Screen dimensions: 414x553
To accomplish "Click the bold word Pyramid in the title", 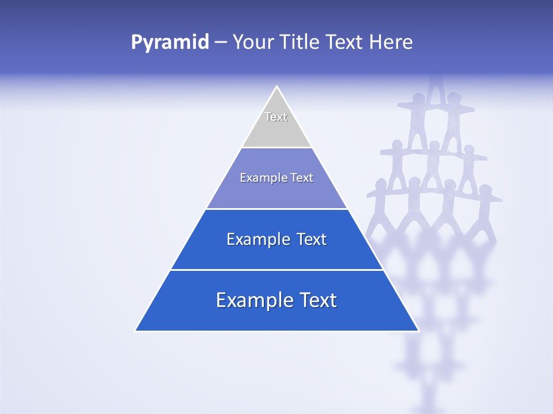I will tap(170, 42).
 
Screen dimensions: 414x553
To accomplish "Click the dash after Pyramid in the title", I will tap(220, 43).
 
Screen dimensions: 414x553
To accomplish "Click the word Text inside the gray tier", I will tap(276, 117).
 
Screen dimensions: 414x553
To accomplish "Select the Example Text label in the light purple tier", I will tap(276, 178).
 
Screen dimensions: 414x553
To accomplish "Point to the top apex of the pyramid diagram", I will tap(276, 87).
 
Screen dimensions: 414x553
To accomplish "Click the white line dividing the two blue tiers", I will tap(276, 270).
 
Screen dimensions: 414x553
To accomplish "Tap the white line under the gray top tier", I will tap(276, 147).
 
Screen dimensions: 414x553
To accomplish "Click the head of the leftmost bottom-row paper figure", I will tap(381, 185).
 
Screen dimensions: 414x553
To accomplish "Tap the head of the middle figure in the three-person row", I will tap(433, 145).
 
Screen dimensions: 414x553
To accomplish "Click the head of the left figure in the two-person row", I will tap(419, 98).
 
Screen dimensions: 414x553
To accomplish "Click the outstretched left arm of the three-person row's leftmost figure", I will tap(385, 152).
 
